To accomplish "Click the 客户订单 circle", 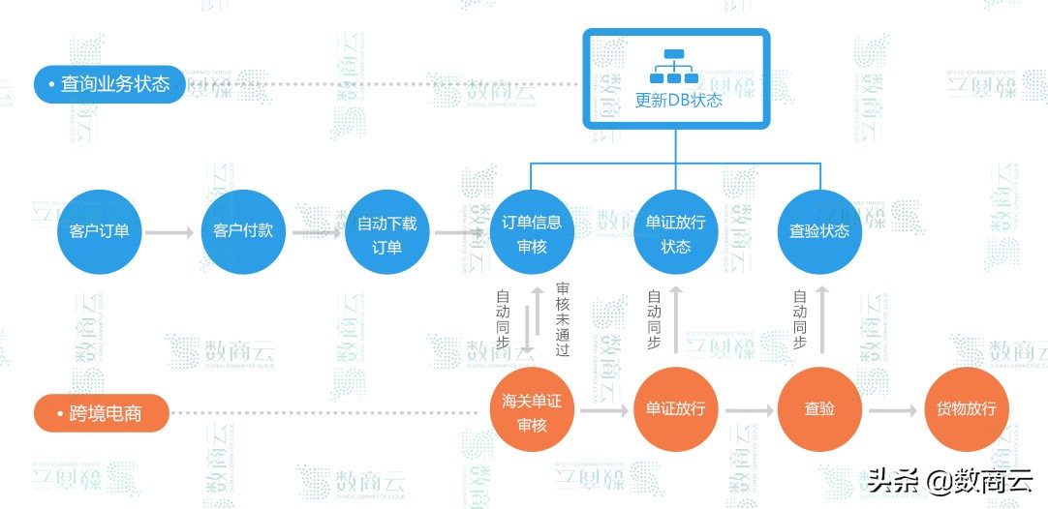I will [100, 232].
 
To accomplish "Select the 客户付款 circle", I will [243, 232].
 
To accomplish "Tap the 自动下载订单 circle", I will [387, 232].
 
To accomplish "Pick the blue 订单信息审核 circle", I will [531, 232].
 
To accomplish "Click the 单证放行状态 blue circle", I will [675, 232].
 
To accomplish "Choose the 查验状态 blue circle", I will [819, 232].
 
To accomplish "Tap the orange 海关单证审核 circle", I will [532, 409].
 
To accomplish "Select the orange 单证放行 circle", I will [675, 409].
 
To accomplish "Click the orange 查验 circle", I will [819, 409].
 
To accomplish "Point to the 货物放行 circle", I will [967, 409].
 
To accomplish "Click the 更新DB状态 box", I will [678, 79].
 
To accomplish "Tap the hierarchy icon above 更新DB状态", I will [674, 67].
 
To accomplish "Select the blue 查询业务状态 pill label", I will [108, 84].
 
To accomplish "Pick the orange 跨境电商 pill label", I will [103, 413].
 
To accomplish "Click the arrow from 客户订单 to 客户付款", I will [170, 232].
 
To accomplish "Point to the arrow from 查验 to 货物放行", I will [892, 410].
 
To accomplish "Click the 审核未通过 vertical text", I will [563, 319].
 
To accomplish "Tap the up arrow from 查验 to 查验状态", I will [820, 320].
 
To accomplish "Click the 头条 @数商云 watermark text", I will [950, 480].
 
